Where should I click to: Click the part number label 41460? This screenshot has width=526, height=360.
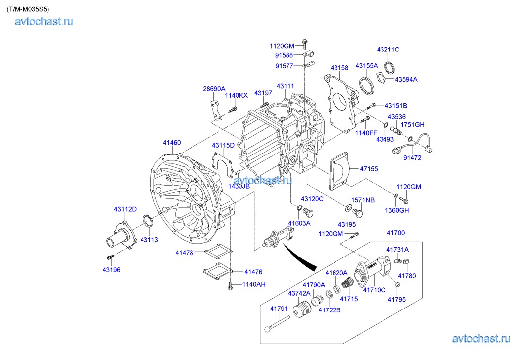click(172, 143)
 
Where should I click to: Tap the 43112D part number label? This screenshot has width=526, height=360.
click(125, 209)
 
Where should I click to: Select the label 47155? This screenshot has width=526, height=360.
click(369, 169)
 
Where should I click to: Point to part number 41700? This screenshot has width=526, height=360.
click(395, 233)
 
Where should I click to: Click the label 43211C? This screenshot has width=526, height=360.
click(388, 50)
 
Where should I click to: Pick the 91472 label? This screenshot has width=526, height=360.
click(413, 158)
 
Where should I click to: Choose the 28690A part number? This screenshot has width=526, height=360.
click(214, 89)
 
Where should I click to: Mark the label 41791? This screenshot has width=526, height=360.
click(279, 309)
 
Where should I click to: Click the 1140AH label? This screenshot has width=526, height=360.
click(254, 284)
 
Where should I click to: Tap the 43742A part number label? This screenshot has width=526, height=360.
click(299, 293)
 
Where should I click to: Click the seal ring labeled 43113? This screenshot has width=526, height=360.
click(147, 221)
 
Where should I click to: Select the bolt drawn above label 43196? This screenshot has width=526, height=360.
click(110, 257)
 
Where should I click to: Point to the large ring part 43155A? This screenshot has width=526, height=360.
click(367, 84)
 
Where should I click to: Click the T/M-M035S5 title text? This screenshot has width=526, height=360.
click(28, 9)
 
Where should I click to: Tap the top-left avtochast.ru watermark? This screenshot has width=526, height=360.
click(44, 21)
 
